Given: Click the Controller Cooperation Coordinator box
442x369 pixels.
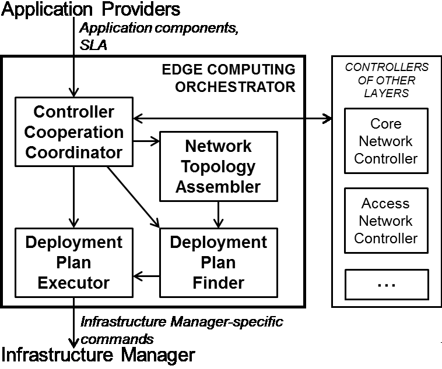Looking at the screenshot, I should pos(73,132).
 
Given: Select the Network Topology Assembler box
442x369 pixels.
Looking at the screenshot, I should pos(219,166).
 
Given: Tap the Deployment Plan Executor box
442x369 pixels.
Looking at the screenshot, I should pos(73,262).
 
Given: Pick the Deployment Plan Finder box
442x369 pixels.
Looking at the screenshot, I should pos(219,262).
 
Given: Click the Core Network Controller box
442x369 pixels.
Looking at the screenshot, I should pos(386,141).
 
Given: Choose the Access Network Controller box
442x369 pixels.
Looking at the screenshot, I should pos(386,221).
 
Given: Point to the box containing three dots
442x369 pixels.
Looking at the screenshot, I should pos(386,283).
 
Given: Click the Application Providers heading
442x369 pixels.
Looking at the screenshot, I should pos(91,10).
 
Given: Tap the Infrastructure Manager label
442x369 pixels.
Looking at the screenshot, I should pos(98,354).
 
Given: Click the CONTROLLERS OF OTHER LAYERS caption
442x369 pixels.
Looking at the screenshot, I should pos(386,80).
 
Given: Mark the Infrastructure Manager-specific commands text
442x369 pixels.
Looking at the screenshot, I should pos(181,329).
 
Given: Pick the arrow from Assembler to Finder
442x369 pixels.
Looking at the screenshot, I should pos(219,214).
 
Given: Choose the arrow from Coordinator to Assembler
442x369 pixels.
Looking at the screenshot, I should pos(146,140).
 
